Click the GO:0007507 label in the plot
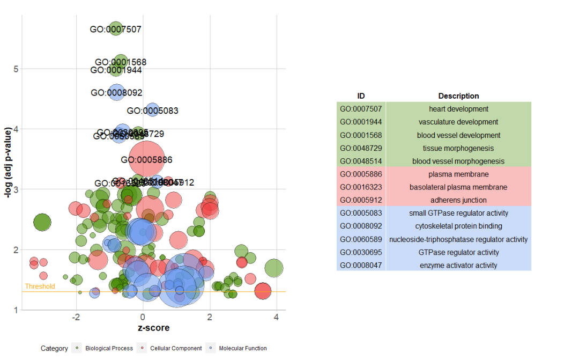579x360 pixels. coord(116,30)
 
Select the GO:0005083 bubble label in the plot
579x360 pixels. coord(153,111)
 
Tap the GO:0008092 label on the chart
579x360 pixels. coord(117,93)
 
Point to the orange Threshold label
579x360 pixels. coord(40,286)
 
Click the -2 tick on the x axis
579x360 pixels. coord(76,317)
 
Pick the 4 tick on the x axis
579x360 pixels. coord(276,317)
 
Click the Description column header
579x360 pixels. coord(458,96)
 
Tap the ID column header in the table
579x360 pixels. coord(361,96)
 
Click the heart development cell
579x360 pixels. coord(458,109)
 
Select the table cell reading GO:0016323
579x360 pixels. coord(361,187)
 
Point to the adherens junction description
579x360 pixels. coord(458,200)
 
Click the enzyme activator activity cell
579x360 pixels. coord(458,265)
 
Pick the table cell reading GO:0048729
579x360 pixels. coord(361,148)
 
